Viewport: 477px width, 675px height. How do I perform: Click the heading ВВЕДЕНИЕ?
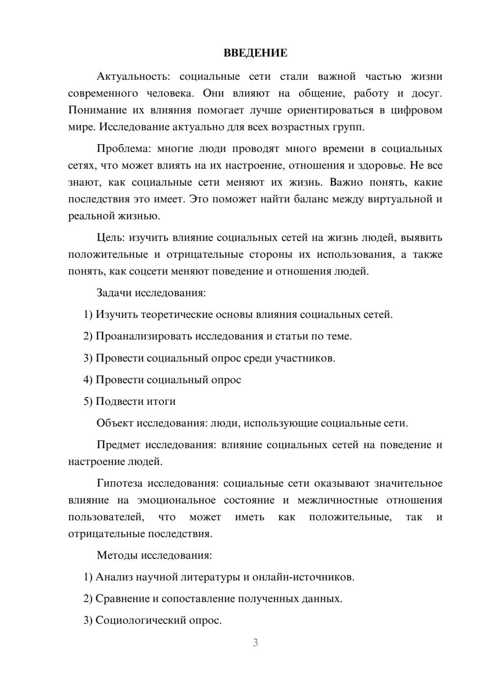click(x=255, y=53)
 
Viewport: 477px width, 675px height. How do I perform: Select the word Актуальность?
click(x=133, y=76)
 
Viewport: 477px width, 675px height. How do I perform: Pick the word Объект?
click(x=115, y=423)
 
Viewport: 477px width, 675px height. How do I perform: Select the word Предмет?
click(x=118, y=445)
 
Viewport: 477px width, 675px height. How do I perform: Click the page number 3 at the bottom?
click(x=255, y=643)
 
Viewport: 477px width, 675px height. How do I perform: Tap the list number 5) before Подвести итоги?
click(x=88, y=401)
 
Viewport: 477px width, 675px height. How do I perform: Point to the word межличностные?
click(x=338, y=500)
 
